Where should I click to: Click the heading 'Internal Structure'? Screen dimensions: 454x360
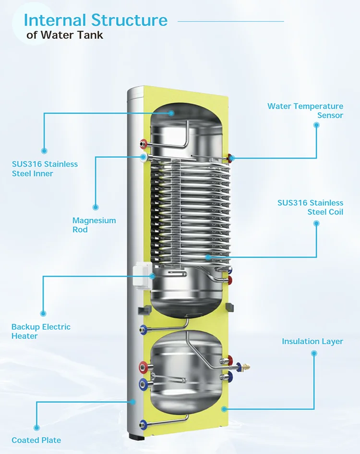96,20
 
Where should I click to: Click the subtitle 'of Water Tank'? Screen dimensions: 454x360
65,35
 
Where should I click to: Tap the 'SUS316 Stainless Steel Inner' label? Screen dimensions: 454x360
45,169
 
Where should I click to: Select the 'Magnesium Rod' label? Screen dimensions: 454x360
94,225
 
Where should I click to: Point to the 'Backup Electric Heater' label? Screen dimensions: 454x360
41,331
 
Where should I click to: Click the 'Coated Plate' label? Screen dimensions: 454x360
36,440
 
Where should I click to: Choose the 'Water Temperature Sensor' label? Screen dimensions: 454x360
305,110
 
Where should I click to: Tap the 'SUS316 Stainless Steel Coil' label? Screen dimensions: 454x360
311,207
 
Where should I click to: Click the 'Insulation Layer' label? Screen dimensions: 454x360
312,342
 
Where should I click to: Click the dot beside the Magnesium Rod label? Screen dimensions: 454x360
96,208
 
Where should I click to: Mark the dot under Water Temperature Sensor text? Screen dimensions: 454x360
316,125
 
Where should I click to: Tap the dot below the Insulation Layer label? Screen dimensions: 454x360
314,353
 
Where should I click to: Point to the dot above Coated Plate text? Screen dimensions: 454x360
36,427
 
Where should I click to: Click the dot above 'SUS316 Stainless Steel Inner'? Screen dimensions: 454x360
44,151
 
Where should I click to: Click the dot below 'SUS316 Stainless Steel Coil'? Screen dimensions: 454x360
316,223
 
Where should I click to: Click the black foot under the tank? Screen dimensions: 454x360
136,438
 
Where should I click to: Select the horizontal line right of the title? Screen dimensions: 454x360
230,21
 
